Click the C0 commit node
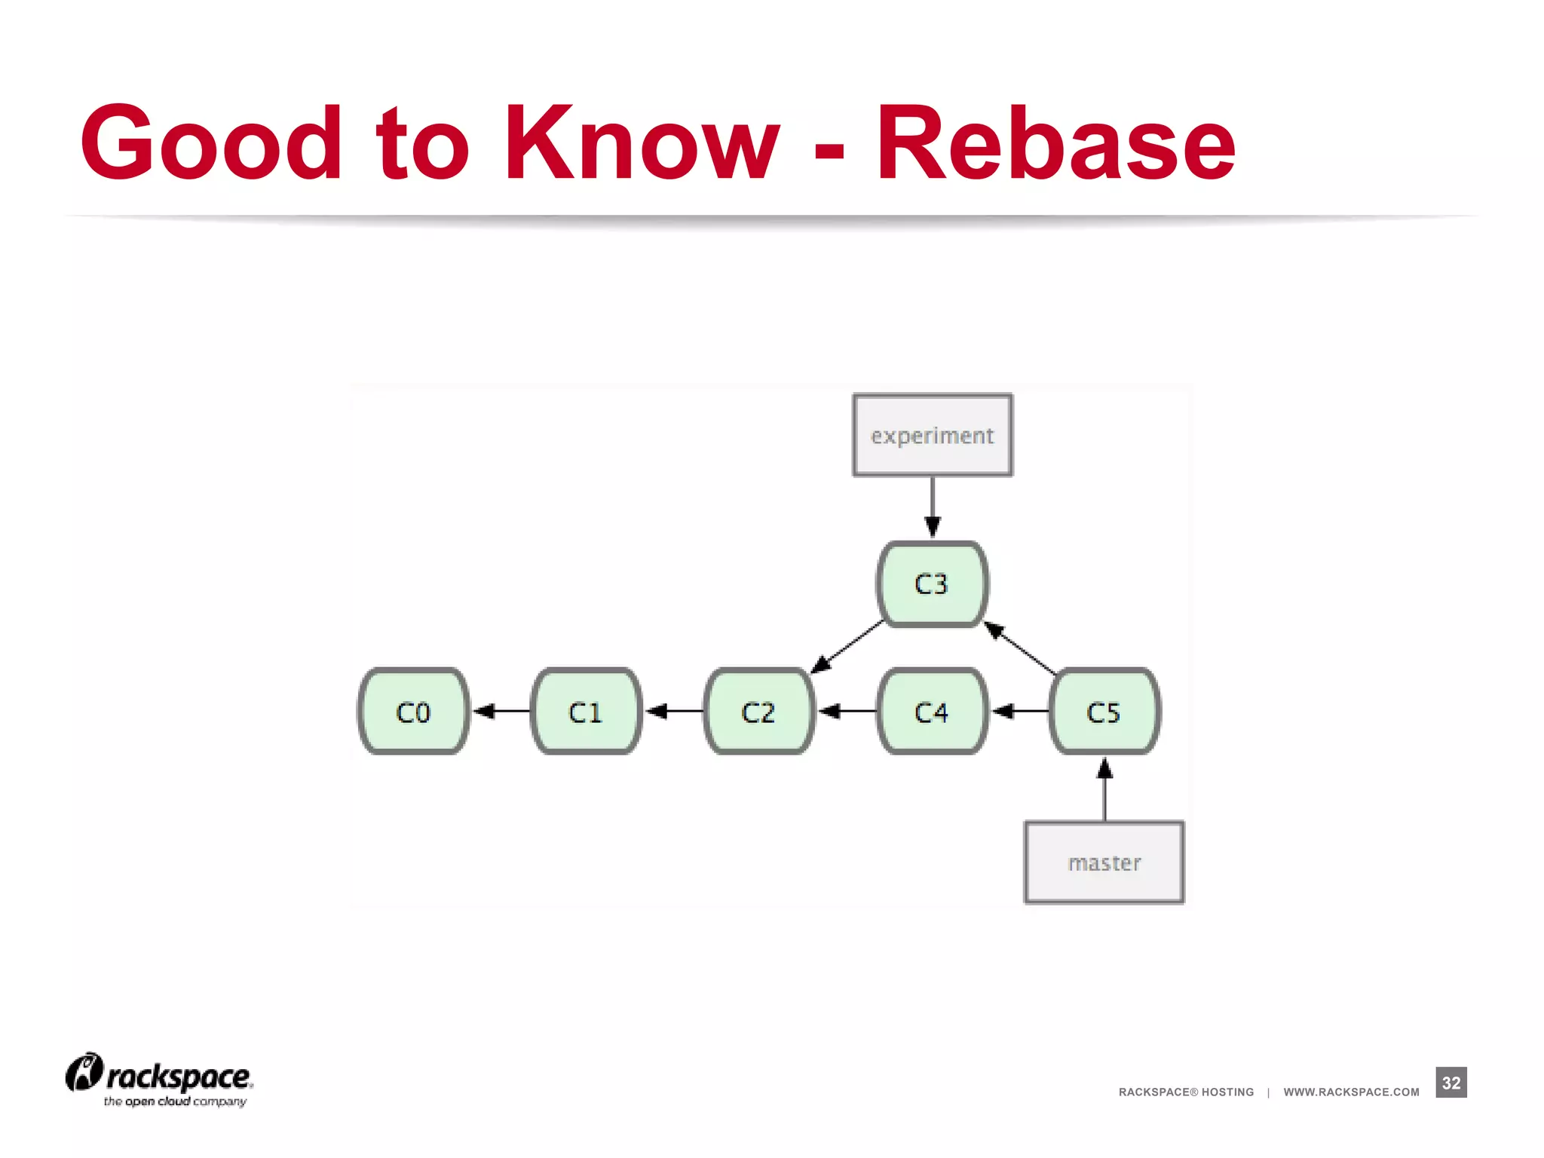pyautogui.click(x=413, y=711)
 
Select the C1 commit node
pyautogui.click(x=586, y=711)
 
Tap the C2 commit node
pyautogui.click(x=758, y=711)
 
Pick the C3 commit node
pyautogui.click(x=932, y=584)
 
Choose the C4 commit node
pyautogui.click(x=932, y=711)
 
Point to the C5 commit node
pyautogui.click(x=1104, y=711)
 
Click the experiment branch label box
pyautogui.click(x=933, y=435)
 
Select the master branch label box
pyautogui.click(x=1104, y=862)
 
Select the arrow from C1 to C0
pyautogui.click(x=501, y=711)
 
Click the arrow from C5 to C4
pyautogui.click(x=1020, y=711)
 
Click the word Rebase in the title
pyautogui.click(x=1055, y=143)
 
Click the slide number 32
pyautogui.click(x=1451, y=1083)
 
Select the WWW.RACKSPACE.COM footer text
pyautogui.click(x=1351, y=1092)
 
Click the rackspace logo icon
pyautogui.click(x=84, y=1072)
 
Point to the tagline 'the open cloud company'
pyautogui.click(x=175, y=1101)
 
